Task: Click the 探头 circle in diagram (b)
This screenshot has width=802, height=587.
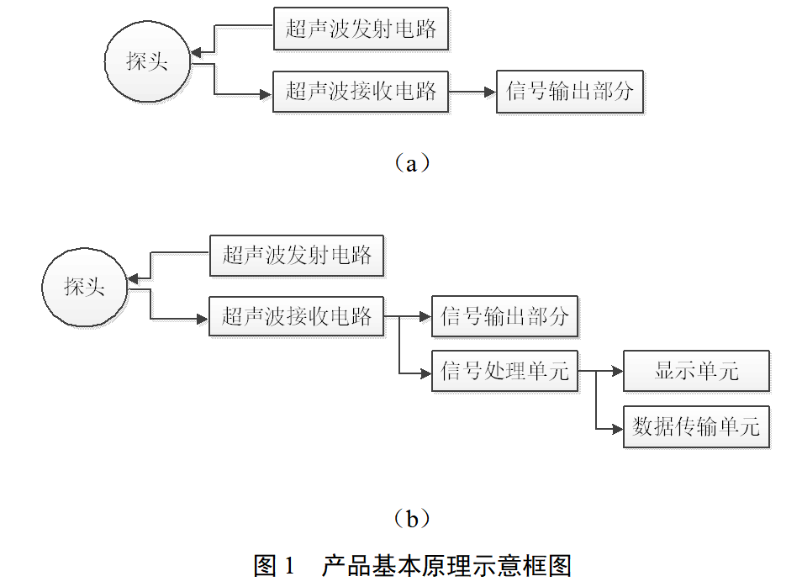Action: (x=85, y=287)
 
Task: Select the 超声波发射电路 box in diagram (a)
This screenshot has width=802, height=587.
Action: (x=361, y=29)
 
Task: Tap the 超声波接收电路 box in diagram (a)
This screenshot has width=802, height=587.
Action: (x=361, y=92)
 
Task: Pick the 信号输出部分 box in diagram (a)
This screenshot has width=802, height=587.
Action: (x=569, y=92)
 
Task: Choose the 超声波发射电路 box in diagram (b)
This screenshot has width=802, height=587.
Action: (x=296, y=255)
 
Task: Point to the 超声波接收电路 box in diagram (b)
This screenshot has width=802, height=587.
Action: (x=296, y=317)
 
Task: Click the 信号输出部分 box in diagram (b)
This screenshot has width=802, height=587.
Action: (x=504, y=317)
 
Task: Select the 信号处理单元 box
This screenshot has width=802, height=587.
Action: (x=504, y=371)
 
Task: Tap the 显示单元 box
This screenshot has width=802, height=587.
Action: (x=696, y=371)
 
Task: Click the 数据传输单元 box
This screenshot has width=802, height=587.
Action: (x=696, y=427)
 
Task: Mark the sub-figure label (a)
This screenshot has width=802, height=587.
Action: (x=411, y=163)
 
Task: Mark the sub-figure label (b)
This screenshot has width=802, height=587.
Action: (x=411, y=519)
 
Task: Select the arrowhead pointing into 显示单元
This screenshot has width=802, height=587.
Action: (x=617, y=371)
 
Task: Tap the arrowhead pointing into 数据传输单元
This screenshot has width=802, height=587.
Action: (x=617, y=427)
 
